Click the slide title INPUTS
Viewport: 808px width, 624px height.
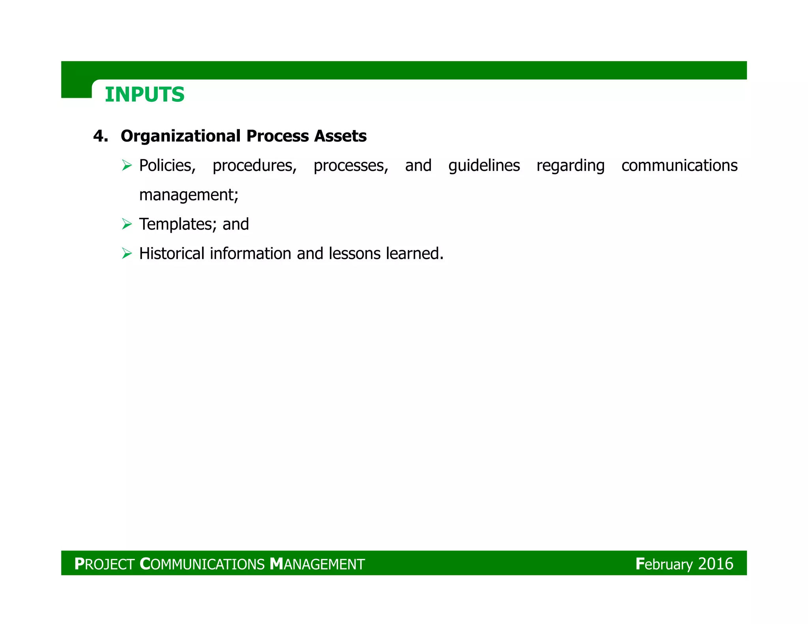pyautogui.click(x=145, y=95)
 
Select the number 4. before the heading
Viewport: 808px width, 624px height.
pyautogui.click(x=101, y=136)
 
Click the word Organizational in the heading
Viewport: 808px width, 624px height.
pyautogui.click(x=181, y=136)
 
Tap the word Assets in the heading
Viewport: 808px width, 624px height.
pyautogui.click(x=340, y=136)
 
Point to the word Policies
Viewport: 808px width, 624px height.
pyautogui.click(x=167, y=166)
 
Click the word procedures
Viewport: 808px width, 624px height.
pyautogui.click(x=254, y=166)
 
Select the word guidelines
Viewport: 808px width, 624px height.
pyautogui.click(x=484, y=166)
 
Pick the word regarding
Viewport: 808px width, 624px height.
pyautogui.click(x=570, y=166)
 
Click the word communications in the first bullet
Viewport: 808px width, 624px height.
pyautogui.click(x=679, y=166)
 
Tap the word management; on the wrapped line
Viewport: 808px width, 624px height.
pyautogui.click(x=189, y=195)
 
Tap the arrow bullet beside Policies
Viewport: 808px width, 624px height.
pyautogui.click(x=127, y=165)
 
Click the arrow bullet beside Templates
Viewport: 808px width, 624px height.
pyautogui.click(x=127, y=224)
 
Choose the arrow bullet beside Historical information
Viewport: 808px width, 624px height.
pyautogui.click(x=127, y=253)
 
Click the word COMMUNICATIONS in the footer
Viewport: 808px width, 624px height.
pyautogui.click(x=202, y=564)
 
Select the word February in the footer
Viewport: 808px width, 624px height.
pyautogui.click(x=664, y=564)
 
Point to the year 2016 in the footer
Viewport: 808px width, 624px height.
pyautogui.click(x=716, y=564)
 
